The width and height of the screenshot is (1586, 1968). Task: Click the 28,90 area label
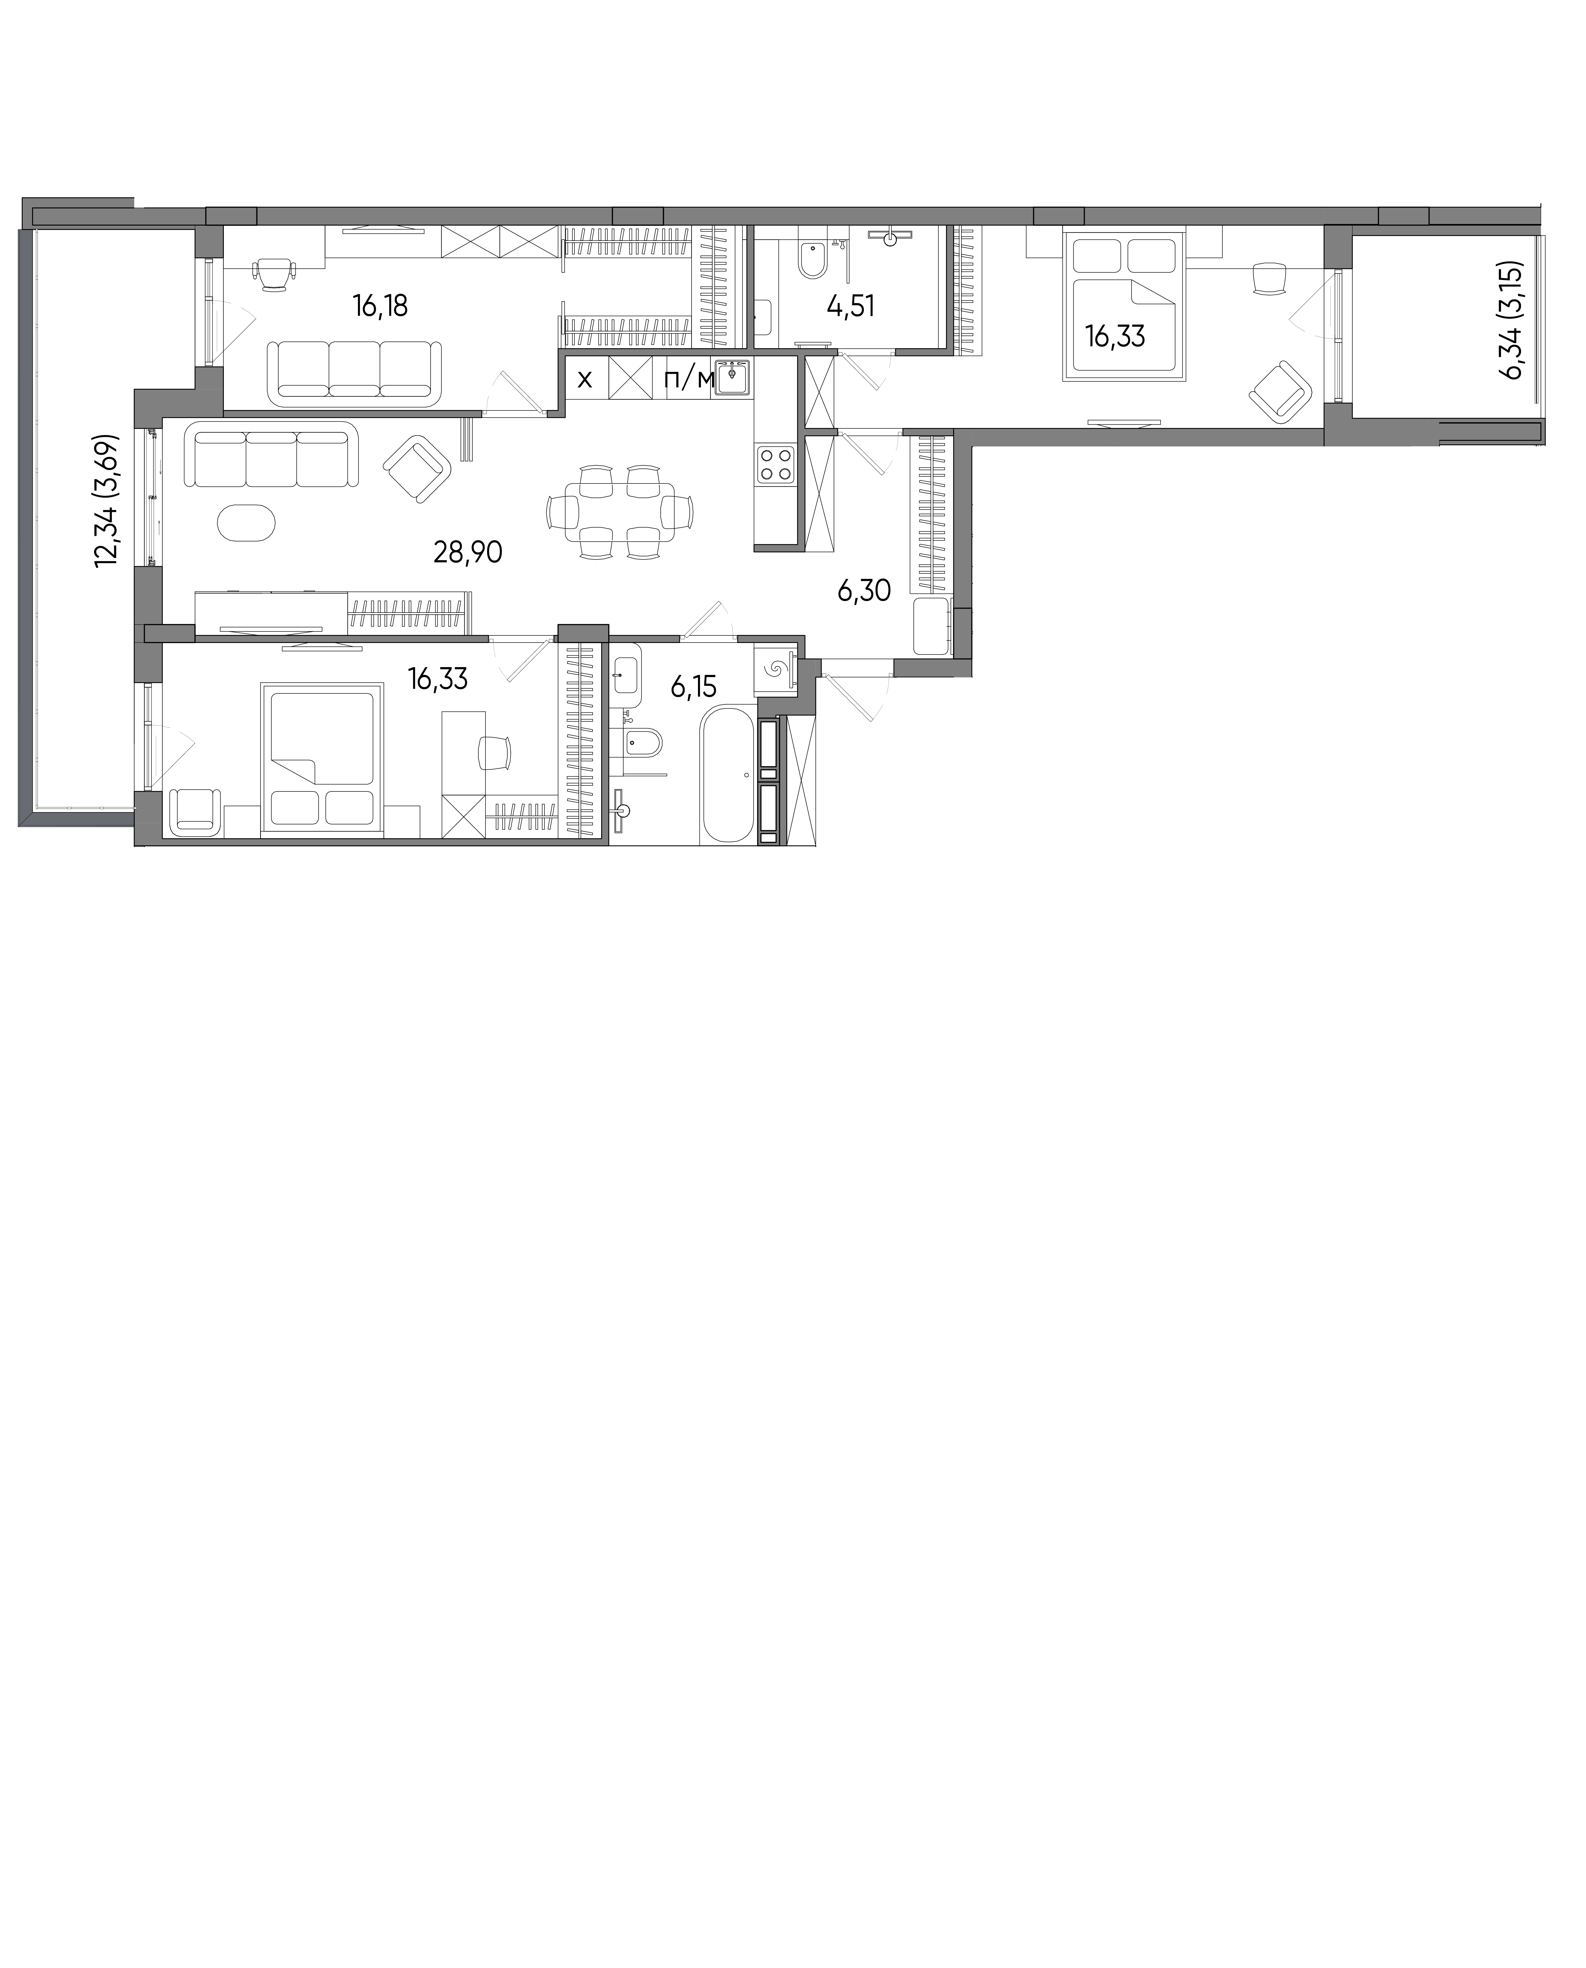468,552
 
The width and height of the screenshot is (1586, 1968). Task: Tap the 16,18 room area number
380,305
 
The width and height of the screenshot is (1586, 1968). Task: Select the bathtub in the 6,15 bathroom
728,775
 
